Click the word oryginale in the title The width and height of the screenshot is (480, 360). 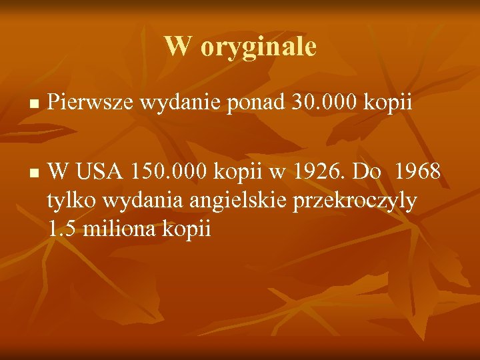coord(258,47)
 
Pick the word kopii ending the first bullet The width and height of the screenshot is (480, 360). coord(391,103)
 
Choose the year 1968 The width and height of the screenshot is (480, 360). coord(417,171)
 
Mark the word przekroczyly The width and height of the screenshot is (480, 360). coord(359,200)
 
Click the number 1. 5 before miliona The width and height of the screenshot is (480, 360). coord(60,229)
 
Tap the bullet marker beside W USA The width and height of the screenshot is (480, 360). coord(33,173)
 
